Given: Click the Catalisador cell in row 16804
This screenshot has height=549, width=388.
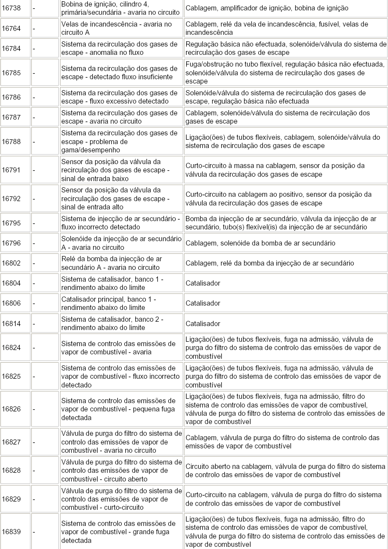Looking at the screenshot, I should [203, 283].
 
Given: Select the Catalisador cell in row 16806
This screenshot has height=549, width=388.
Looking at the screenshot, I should [203, 303].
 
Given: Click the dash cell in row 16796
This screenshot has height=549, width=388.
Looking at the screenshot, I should [45, 243].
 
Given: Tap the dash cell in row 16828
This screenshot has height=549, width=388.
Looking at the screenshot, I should [45, 471].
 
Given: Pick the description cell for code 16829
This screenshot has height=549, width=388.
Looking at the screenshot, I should [121, 499].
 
